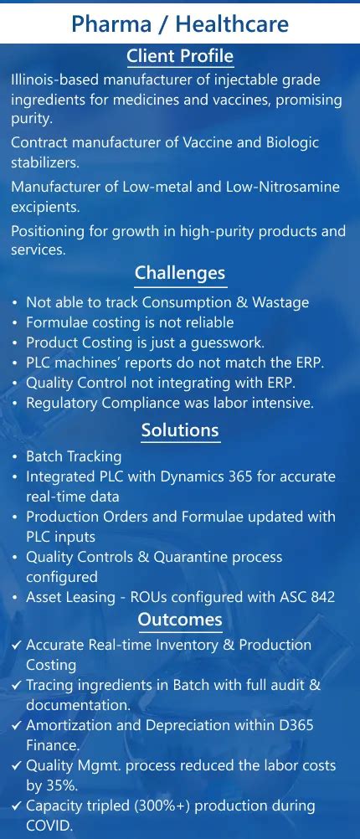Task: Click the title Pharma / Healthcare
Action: [x=180, y=23]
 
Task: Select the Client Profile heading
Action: [x=180, y=56]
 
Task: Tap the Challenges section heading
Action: [x=180, y=273]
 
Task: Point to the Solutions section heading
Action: [x=180, y=430]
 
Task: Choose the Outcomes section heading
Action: [x=180, y=620]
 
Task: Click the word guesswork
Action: [x=225, y=342]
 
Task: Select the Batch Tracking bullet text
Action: [x=74, y=456]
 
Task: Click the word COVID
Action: [x=48, y=826]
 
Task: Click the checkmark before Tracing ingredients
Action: [x=17, y=685]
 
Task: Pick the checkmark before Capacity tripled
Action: [x=17, y=806]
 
